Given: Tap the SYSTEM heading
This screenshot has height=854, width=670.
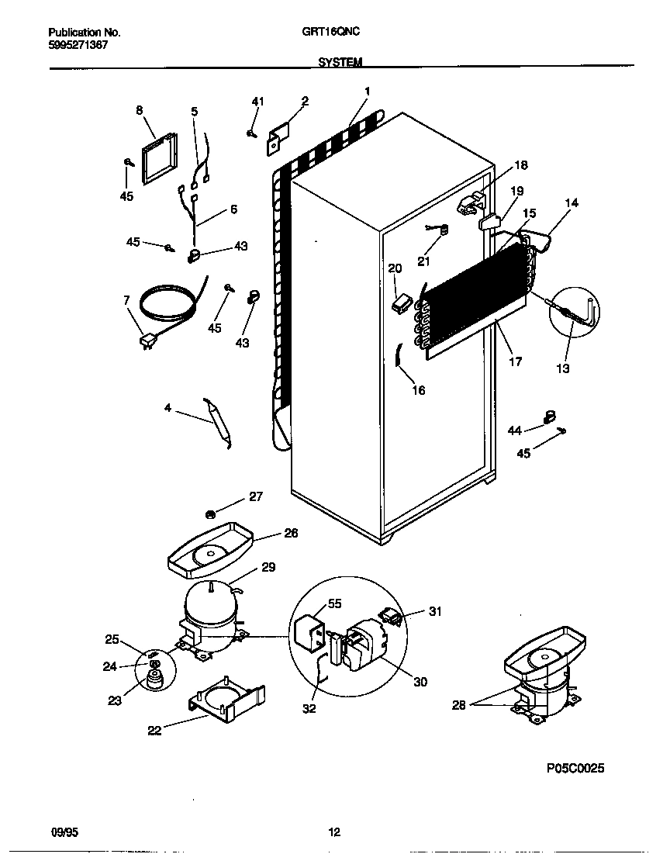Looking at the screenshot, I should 340,62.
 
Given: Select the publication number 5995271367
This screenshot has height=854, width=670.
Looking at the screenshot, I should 78,45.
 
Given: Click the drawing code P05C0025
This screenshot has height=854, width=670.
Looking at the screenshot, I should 575,768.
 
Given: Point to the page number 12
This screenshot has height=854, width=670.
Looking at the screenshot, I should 334,832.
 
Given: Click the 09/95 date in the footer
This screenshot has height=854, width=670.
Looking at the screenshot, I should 64,832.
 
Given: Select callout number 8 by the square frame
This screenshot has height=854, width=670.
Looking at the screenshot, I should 140,110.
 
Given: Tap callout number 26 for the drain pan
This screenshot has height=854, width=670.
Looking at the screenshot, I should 291,534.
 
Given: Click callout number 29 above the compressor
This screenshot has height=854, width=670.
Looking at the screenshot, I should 268,567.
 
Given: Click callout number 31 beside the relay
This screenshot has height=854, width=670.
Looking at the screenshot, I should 435,612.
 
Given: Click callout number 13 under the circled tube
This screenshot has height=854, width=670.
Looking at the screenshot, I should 563,368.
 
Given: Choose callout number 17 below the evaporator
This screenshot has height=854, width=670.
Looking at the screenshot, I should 515,361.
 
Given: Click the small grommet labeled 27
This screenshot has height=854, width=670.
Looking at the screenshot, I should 210,513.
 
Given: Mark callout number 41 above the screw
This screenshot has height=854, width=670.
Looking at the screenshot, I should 257,102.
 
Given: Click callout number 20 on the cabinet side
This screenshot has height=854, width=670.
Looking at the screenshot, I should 395,268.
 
